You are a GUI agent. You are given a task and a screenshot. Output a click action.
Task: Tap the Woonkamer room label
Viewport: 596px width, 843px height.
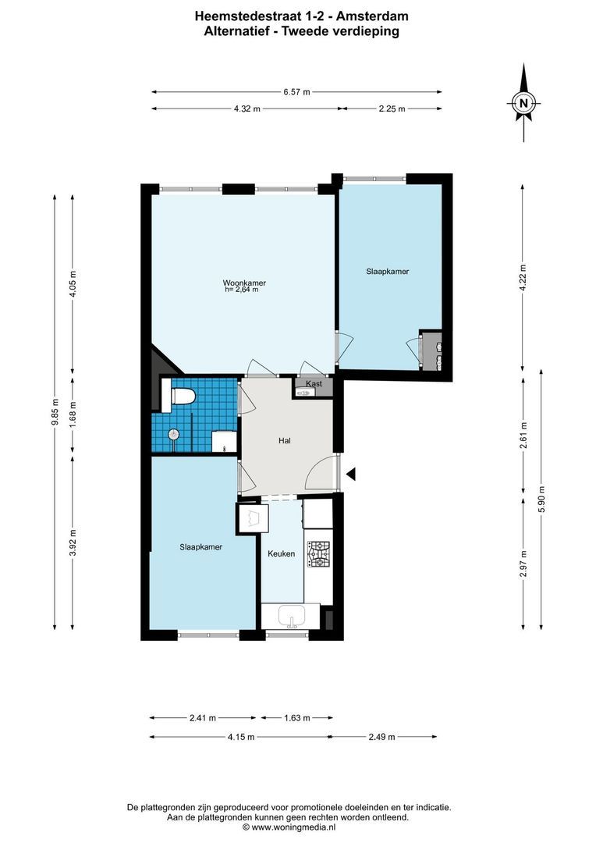pyautogui.click(x=243, y=282)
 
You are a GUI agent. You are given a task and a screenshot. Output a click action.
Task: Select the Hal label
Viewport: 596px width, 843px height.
pyautogui.click(x=285, y=441)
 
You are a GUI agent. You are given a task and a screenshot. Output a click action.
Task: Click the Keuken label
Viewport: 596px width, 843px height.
pyautogui.click(x=281, y=553)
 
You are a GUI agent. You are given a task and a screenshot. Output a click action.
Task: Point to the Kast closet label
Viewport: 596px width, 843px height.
pyautogui.click(x=314, y=383)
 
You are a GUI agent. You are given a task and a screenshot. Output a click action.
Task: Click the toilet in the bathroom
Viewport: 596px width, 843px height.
pyautogui.click(x=182, y=396)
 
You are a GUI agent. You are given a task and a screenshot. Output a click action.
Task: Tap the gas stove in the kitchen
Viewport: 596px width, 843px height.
pyautogui.click(x=318, y=554)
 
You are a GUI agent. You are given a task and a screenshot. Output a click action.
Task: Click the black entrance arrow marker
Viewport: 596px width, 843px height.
pyautogui.click(x=351, y=473)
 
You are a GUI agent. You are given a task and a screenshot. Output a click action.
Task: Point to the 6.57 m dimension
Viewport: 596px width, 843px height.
pyautogui.click(x=296, y=92)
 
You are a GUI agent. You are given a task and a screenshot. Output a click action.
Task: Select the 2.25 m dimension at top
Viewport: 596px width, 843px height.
pyautogui.click(x=392, y=109)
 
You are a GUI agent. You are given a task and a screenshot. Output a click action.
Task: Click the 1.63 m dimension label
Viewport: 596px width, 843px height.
pyautogui.click(x=296, y=718)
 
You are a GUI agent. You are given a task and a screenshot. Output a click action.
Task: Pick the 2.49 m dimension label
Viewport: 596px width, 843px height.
pyautogui.click(x=382, y=737)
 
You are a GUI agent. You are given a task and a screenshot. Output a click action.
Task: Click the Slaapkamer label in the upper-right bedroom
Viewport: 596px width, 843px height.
pyautogui.click(x=388, y=272)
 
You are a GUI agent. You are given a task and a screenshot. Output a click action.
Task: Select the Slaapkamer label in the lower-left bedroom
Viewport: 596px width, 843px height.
pyautogui.click(x=200, y=547)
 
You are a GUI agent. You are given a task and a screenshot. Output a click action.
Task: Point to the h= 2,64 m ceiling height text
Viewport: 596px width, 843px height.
pyautogui.click(x=240, y=290)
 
